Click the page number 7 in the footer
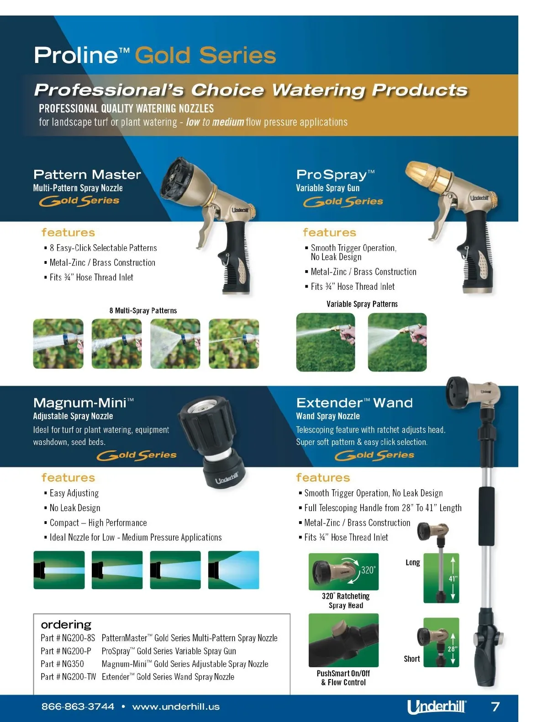tap(495, 706)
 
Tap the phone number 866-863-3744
tap(78, 706)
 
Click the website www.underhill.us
tap(176, 706)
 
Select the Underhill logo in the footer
tap(437, 707)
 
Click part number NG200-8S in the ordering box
tap(79, 638)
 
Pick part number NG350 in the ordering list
tap(73, 664)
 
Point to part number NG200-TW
tap(79, 676)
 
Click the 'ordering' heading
tap(66, 624)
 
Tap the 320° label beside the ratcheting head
tap(368, 570)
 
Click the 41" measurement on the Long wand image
tap(453, 579)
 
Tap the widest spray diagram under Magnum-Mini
tap(234, 570)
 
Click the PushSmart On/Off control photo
tap(343, 640)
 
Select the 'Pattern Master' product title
tap(87, 174)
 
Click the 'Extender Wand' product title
tap(354, 403)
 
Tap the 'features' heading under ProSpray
tap(329, 232)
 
